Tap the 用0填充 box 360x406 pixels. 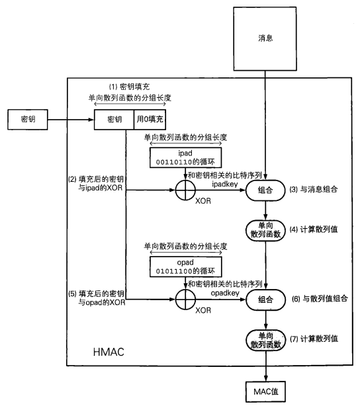150,120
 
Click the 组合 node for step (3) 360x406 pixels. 265,192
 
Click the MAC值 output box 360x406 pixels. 265,391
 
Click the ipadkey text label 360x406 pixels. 225,185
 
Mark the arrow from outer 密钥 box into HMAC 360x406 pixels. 69,120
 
